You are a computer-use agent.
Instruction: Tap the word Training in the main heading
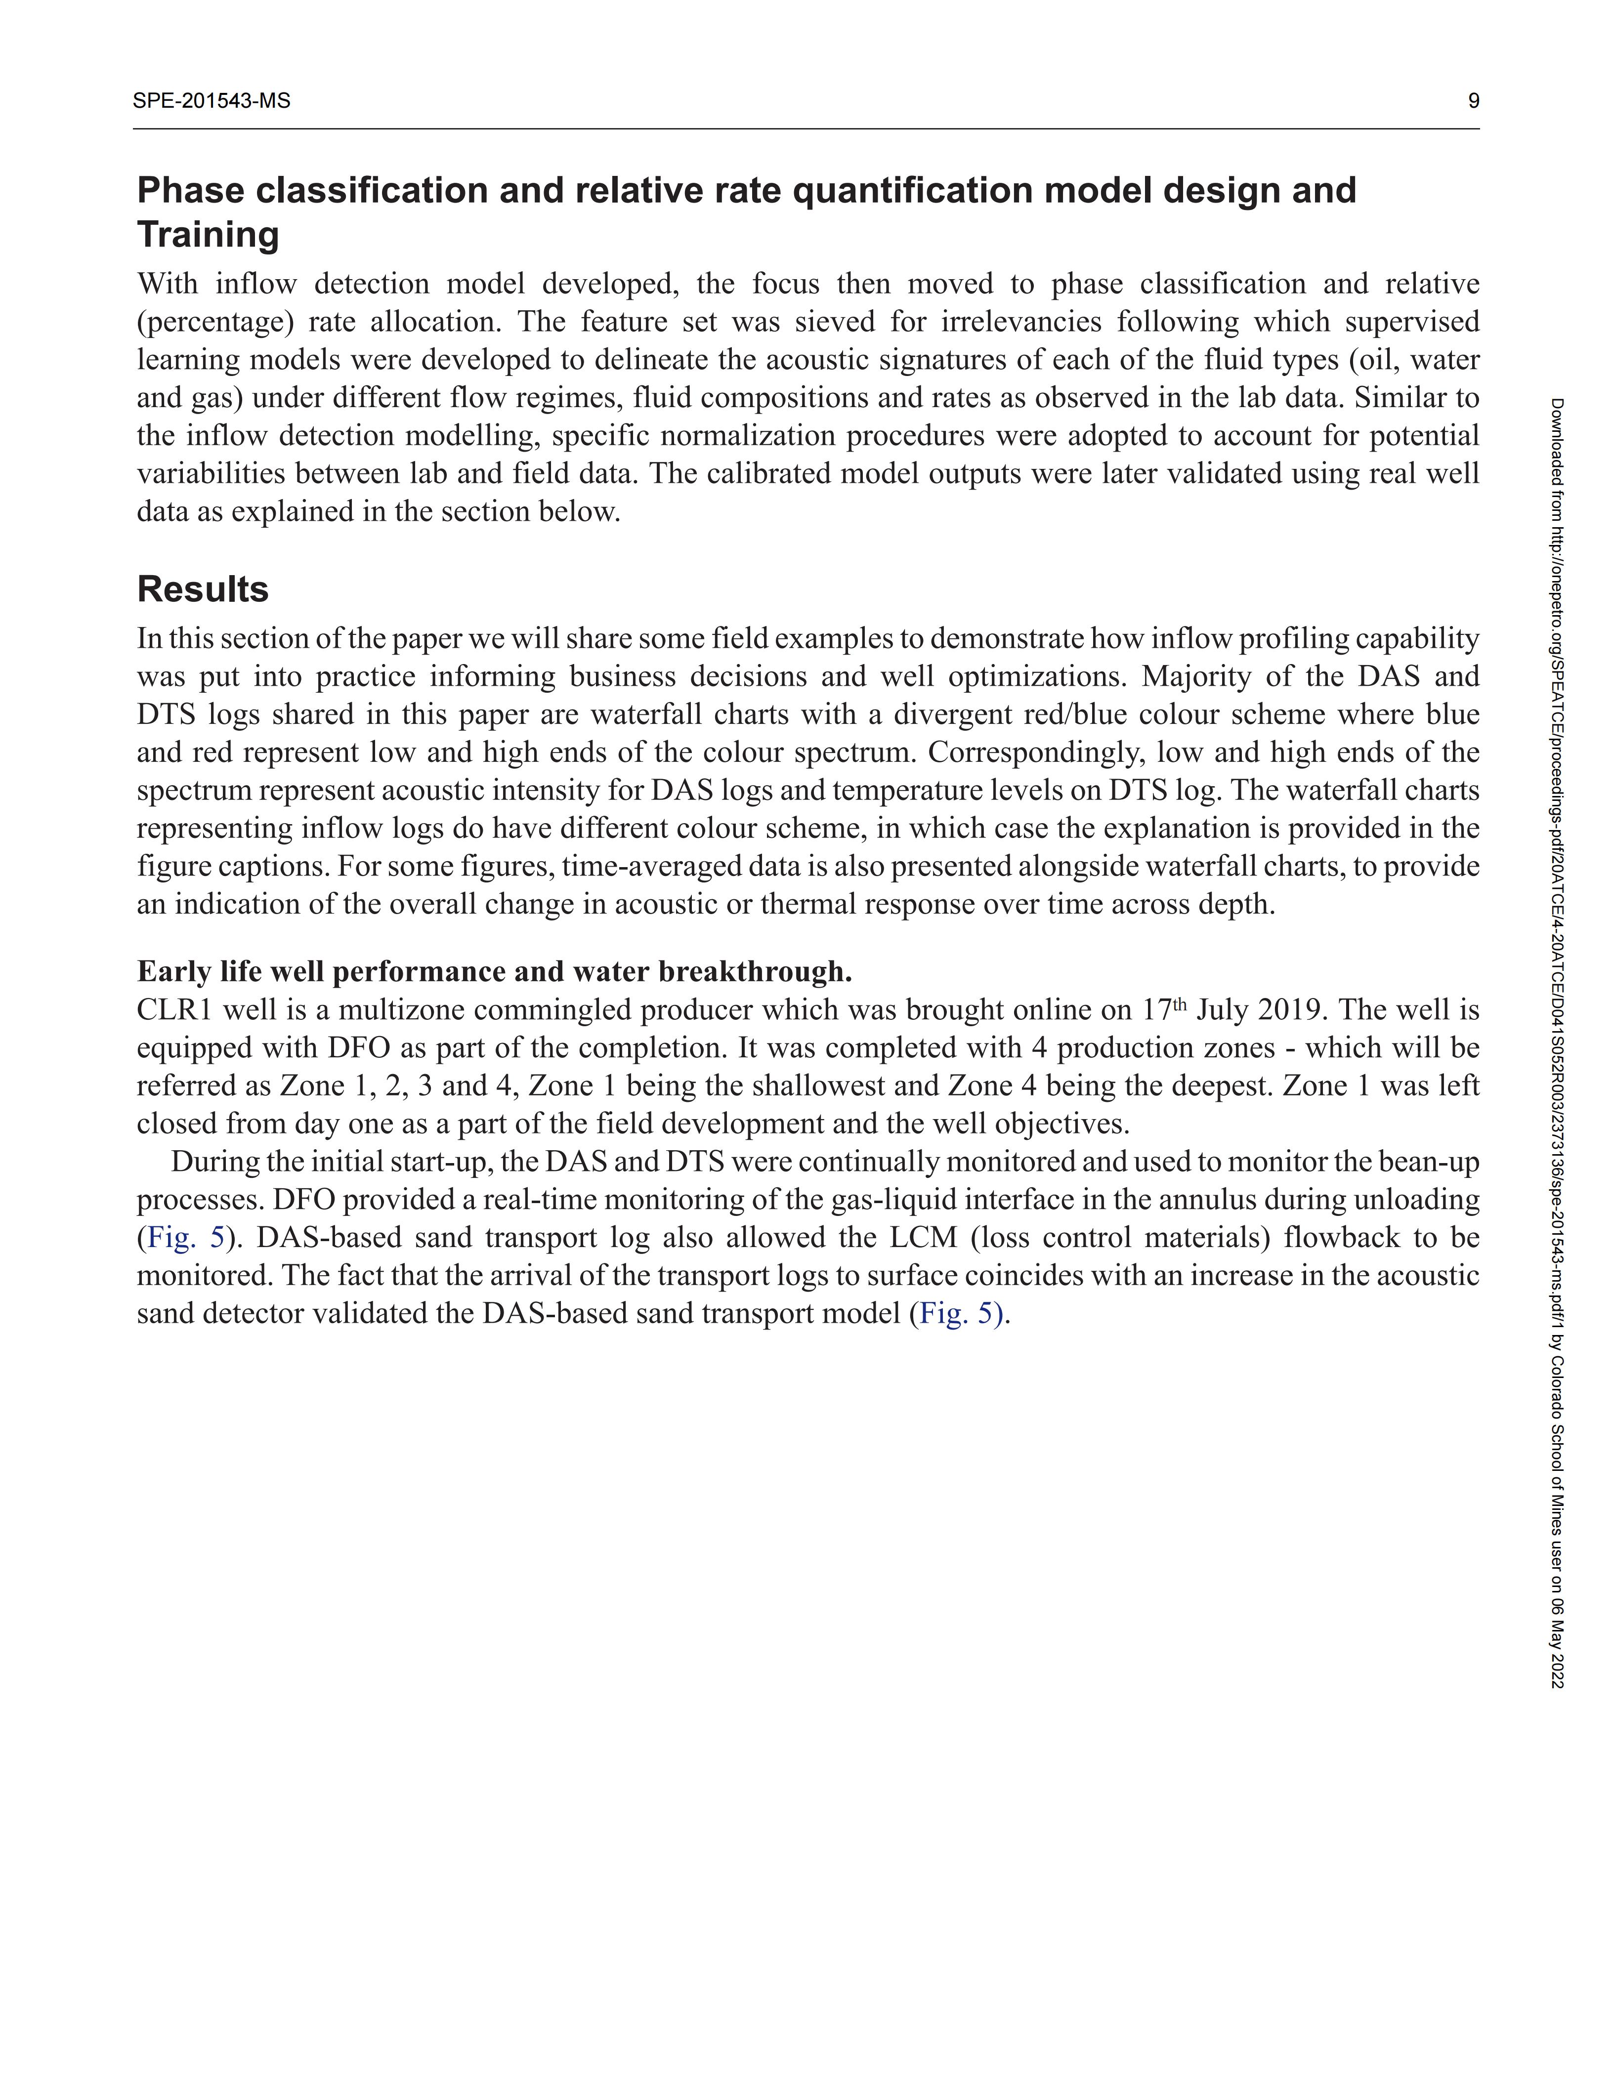[209, 234]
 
